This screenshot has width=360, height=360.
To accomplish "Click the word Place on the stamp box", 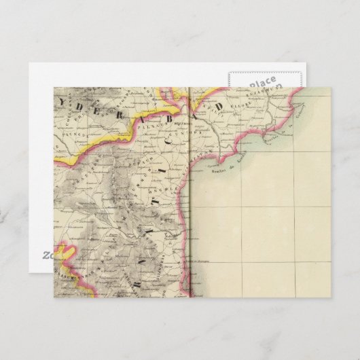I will pos(262,83).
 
